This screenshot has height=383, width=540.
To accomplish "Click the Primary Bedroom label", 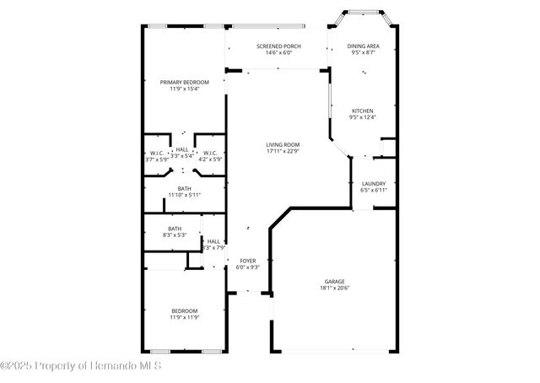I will [x=184, y=82].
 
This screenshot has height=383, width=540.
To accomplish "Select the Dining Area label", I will [x=363, y=46].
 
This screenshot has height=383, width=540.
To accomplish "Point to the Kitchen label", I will [x=363, y=111].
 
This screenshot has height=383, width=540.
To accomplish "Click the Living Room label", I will [x=283, y=144].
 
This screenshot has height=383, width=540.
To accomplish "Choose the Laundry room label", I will [x=373, y=183].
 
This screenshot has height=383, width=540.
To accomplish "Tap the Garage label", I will [x=335, y=281].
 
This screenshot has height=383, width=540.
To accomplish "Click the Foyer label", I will [x=247, y=261].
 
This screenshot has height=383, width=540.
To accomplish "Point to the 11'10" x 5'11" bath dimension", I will [x=184, y=196].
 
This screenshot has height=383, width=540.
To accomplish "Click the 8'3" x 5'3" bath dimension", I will [x=174, y=235].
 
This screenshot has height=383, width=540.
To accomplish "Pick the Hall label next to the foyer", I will [x=213, y=241].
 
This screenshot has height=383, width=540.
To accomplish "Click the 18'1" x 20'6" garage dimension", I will [x=335, y=288].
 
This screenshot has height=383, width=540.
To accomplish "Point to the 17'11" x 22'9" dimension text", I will [x=283, y=151].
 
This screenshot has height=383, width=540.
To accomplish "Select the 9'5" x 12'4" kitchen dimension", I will [x=363, y=117].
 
